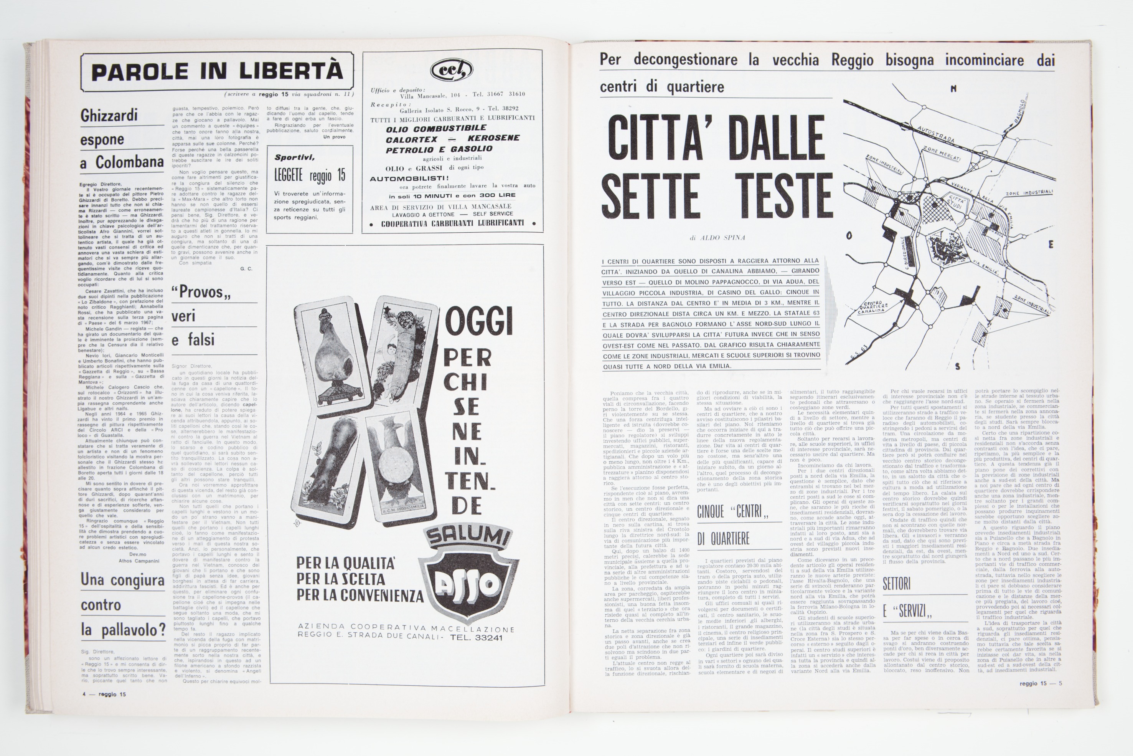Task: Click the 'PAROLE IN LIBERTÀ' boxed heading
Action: pos(217,72)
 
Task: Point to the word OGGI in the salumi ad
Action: pos(479,322)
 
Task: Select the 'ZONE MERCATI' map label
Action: pos(942,155)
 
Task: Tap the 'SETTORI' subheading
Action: pos(897,584)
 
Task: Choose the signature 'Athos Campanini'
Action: pos(139,561)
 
